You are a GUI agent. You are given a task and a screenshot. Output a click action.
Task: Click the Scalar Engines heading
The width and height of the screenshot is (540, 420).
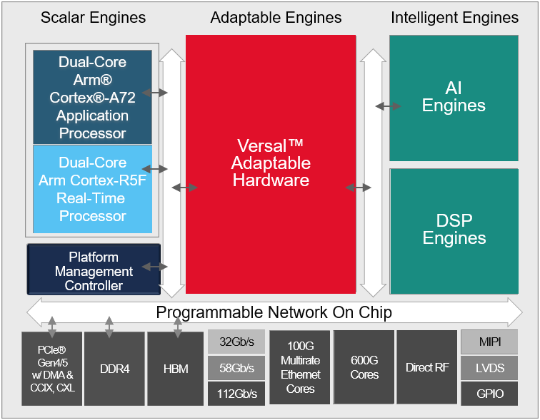pos(93,18)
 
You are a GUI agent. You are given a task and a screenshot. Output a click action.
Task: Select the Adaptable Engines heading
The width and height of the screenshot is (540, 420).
pos(276,18)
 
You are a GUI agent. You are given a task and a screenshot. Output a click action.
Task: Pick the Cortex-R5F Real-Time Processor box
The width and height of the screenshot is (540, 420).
pos(93,189)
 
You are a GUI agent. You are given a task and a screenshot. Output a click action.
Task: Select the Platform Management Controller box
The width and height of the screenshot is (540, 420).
pos(94,270)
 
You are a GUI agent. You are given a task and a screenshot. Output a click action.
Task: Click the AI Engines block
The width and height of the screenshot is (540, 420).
pos(454,98)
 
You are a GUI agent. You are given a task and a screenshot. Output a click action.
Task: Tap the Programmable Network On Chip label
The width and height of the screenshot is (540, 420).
pos(274,312)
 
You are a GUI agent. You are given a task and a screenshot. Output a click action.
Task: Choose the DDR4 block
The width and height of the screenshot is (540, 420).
pos(114,368)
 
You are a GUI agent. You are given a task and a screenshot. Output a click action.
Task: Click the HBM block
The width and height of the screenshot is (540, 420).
pos(176,368)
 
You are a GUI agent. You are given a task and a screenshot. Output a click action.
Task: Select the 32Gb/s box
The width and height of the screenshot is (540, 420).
pos(236,342)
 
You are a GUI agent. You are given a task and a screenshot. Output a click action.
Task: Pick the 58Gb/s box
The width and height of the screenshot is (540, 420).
pos(236,368)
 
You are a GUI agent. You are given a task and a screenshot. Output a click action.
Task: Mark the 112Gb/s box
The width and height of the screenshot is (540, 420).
pos(236,394)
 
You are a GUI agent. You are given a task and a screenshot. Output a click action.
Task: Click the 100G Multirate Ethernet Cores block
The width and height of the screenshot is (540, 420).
pos(300,368)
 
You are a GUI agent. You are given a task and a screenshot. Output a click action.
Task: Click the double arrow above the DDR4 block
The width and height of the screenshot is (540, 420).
pos(109,327)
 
